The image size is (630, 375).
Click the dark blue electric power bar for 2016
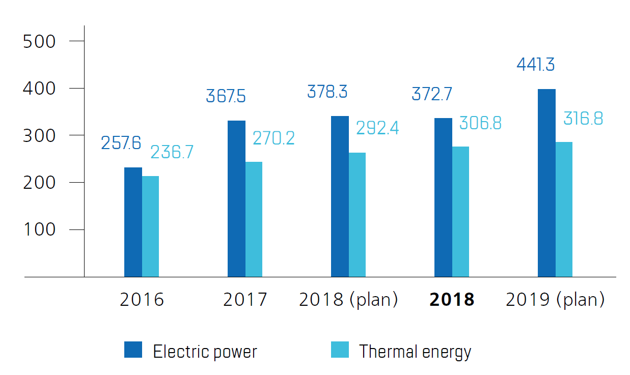(133, 222)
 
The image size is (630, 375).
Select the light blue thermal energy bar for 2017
(254, 219)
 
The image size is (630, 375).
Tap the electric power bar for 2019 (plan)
(546, 183)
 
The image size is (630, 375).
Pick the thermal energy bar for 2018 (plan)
(357, 215)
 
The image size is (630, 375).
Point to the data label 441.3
(535, 65)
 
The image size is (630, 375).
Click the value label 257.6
(121, 143)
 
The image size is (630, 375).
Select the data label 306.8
(480, 123)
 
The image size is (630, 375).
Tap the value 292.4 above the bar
(377, 128)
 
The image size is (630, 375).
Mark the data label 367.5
(226, 96)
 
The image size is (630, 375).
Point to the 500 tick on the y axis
(39, 42)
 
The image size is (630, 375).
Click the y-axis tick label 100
(39, 230)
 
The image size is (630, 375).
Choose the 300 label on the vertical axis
(39, 136)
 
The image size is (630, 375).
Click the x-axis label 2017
(245, 300)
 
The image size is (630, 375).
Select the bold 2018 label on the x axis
(452, 300)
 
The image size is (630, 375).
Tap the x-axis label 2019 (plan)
(555, 300)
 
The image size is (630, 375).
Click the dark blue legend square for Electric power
(133, 350)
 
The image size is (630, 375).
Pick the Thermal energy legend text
(415, 352)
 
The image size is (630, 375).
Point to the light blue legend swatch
(340, 350)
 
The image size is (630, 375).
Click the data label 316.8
(583, 119)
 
